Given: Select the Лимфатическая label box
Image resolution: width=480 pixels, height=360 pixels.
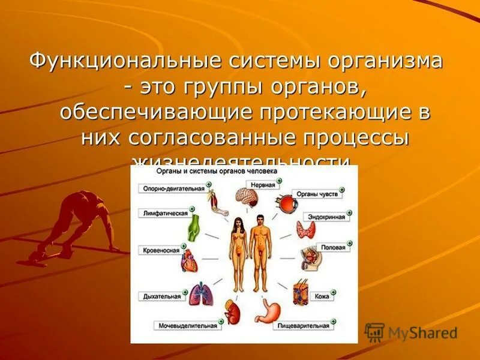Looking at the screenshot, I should (x=166, y=213).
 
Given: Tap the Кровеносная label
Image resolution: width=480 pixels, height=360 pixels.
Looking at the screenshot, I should (x=162, y=249).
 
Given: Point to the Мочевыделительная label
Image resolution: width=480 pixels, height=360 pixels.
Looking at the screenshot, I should (x=187, y=326).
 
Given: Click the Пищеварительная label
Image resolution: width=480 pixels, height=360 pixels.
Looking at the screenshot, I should (x=304, y=326).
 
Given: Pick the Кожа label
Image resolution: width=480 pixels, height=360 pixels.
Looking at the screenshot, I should (x=321, y=296).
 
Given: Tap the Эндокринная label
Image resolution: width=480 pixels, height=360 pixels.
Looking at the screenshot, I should (x=326, y=217).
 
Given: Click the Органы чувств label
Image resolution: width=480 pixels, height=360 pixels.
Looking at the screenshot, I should (x=319, y=195).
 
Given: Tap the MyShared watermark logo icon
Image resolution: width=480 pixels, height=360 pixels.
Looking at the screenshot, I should (x=374, y=332).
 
